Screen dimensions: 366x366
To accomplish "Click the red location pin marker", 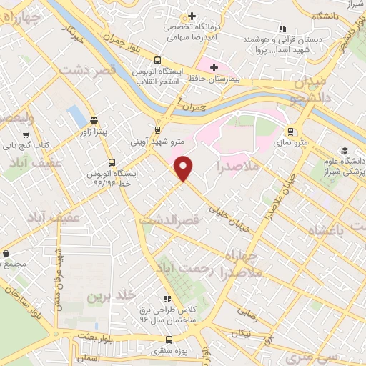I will point(184,167).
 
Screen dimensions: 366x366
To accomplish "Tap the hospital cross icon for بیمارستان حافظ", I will point(213,67).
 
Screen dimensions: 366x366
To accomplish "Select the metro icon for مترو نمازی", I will point(290,132).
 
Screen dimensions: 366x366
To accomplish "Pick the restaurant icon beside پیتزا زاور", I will point(94,122).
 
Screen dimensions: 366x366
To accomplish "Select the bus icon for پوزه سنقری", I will point(169,340).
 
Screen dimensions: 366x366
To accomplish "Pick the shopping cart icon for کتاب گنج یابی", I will point(26,134).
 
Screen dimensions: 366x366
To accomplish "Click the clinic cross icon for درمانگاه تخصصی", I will point(192,16).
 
